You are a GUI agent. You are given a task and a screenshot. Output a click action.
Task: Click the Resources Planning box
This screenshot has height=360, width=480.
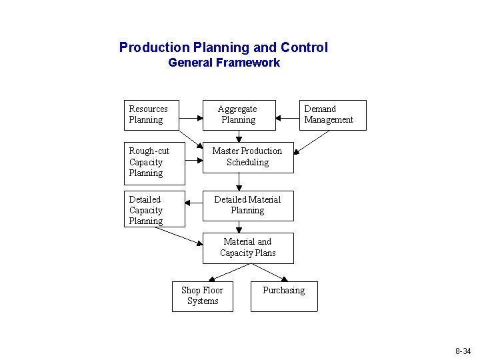(x=153, y=115)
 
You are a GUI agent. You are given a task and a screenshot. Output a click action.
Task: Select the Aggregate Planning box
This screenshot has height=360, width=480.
(x=239, y=115)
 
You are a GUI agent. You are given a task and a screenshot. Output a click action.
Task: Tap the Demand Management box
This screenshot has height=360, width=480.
(x=333, y=115)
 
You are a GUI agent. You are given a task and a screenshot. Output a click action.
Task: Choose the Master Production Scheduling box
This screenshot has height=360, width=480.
(x=248, y=157)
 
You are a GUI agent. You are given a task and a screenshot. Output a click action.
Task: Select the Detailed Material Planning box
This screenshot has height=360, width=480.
(x=248, y=205)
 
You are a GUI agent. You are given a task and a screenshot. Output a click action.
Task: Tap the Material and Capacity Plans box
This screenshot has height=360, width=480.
(x=248, y=247)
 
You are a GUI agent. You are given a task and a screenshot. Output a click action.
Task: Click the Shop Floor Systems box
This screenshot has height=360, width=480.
(x=203, y=296)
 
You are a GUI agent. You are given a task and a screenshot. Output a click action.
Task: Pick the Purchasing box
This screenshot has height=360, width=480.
(x=284, y=296)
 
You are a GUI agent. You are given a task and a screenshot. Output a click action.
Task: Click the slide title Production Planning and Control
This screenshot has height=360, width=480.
(x=223, y=47)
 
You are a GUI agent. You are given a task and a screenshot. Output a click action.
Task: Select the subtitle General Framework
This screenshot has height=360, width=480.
(x=224, y=63)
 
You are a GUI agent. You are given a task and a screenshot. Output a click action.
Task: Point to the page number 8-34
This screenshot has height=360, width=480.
(x=463, y=351)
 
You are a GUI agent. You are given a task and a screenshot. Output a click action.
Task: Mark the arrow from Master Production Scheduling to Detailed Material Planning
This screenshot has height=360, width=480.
(x=239, y=181)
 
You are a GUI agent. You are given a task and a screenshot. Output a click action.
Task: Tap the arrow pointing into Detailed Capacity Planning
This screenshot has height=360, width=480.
(x=194, y=203)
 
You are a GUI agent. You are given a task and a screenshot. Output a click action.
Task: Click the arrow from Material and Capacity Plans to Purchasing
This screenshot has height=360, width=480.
(x=270, y=272)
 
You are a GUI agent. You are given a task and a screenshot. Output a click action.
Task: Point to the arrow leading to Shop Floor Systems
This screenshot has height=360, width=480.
(x=229, y=272)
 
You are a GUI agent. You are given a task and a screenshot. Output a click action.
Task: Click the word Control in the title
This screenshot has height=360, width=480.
(x=304, y=47)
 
